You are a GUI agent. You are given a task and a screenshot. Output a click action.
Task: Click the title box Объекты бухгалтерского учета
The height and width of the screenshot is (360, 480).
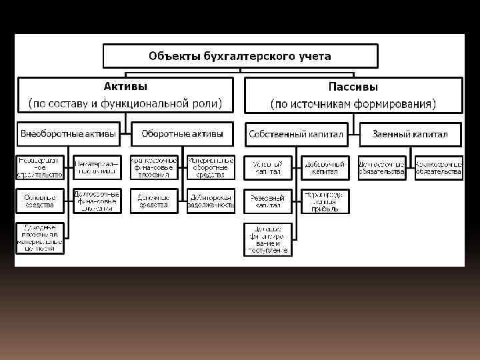240,56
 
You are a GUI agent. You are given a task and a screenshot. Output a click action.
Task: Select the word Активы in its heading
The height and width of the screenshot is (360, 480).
125,87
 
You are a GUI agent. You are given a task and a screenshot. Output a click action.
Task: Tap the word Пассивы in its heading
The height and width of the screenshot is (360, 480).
353,87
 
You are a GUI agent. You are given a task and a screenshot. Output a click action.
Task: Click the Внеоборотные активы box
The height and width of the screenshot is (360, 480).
69,134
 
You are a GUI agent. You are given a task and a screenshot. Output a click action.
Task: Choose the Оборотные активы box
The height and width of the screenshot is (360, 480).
182,134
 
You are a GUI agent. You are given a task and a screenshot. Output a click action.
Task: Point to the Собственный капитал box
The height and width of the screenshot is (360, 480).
296,134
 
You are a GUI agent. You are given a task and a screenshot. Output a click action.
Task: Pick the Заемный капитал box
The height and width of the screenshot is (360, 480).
410,134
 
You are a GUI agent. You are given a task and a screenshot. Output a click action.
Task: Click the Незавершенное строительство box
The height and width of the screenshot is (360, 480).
40,167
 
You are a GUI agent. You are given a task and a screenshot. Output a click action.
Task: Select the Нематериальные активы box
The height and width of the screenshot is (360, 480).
97,167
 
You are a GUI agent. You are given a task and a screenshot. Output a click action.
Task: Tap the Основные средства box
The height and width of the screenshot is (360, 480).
40,201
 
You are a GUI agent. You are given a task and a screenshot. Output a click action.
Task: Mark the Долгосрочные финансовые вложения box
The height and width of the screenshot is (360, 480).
97,201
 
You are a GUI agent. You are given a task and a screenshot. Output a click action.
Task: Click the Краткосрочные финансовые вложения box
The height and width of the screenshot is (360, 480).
154,167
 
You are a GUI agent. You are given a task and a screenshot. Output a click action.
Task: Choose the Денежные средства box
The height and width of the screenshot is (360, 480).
154,201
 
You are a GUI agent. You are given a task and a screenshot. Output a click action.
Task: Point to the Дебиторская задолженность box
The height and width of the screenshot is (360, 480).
211,201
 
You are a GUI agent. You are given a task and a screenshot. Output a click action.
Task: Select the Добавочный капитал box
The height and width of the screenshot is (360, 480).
325,167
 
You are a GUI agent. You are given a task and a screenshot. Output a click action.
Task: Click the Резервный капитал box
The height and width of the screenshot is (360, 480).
267,201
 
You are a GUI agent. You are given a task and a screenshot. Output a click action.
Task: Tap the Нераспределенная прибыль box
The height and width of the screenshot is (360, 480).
325,201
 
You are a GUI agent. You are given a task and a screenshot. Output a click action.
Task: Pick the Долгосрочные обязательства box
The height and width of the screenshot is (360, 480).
381,167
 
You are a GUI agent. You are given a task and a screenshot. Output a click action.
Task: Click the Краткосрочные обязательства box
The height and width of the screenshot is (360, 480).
439,167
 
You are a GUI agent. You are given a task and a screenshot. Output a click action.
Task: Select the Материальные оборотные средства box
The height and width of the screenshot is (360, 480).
211,167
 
